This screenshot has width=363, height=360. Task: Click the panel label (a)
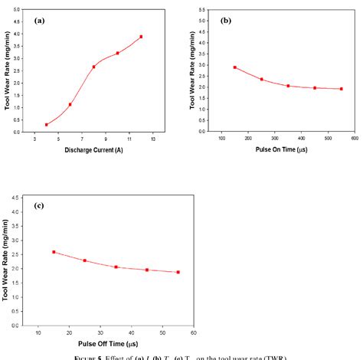(39, 21)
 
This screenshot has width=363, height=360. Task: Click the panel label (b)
(226, 21)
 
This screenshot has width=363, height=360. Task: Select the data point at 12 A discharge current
(141, 37)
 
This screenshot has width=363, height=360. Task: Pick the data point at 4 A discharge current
(47, 124)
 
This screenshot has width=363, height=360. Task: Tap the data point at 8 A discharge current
(94, 67)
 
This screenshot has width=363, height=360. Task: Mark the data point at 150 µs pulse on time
(234, 67)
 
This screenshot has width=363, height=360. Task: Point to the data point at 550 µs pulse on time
(341, 89)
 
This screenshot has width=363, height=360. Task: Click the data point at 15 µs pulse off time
(54, 252)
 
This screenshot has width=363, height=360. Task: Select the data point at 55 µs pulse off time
(178, 272)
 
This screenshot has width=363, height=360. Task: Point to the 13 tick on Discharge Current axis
(153, 139)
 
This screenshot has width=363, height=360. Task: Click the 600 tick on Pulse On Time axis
(354, 139)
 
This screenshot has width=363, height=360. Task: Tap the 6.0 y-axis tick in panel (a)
(18, 11)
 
